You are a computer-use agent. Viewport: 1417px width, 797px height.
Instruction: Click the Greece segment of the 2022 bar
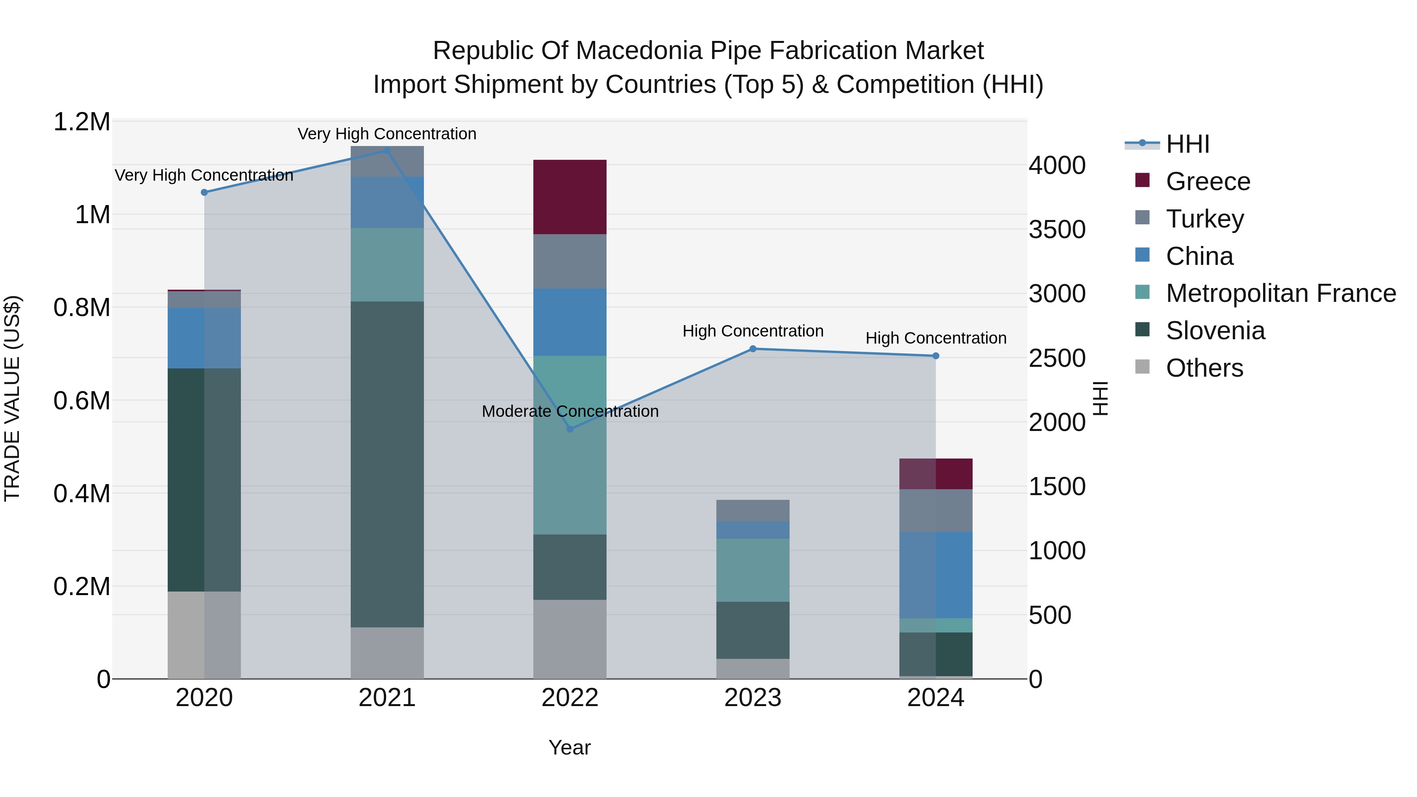(x=570, y=197)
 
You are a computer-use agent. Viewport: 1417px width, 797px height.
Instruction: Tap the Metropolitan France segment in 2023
(x=753, y=570)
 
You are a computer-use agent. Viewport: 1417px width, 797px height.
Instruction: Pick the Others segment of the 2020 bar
(x=204, y=635)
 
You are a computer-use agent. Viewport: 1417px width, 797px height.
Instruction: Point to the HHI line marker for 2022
(x=570, y=429)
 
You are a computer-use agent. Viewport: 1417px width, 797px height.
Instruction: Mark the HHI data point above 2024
(x=936, y=356)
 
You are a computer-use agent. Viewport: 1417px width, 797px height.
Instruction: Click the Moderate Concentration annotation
(x=570, y=411)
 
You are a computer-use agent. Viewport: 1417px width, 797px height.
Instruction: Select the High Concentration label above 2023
(x=753, y=331)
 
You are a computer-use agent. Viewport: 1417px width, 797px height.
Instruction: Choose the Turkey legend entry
(x=1205, y=219)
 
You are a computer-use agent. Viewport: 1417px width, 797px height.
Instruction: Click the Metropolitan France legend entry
(x=1280, y=293)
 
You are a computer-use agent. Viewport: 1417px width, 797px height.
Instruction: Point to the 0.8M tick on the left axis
(x=81, y=307)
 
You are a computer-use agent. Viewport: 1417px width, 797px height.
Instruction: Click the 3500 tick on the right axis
(x=1057, y=229)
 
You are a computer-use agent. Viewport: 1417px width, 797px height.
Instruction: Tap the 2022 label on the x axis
(x=570, y=698)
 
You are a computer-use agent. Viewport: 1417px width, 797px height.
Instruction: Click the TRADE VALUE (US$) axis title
(x=12, y=398)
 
